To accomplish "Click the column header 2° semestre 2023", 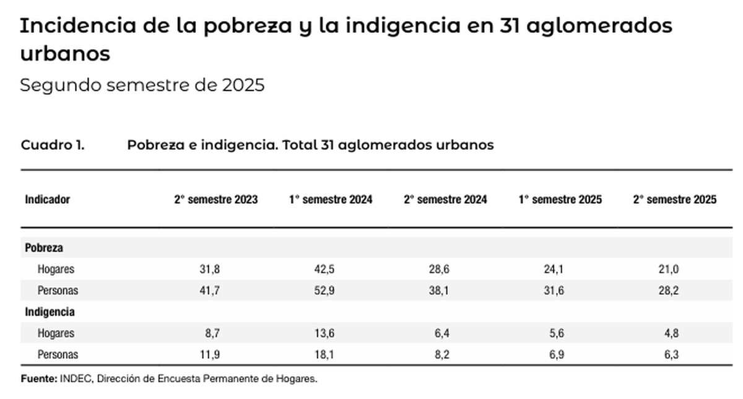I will [215, 199].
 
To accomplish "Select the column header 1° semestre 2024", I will [331, 199].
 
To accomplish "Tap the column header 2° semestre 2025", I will [675, 199].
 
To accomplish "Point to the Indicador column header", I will [47, 199].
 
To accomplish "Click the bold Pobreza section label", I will [44, 248].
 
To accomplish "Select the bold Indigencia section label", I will [50, 312].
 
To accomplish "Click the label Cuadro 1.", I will [53, 145].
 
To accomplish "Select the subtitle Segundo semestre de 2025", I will [142, 85].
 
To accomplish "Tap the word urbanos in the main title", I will [65, 53].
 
